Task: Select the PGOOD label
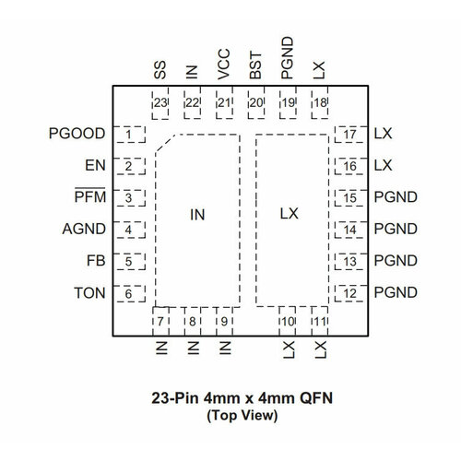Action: (x=77, y=135)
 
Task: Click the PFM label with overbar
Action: (x=90, y=197)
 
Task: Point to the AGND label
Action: (x=84, y=230)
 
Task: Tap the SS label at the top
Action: (x=160, y=72)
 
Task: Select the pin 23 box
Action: (x=160, y=102)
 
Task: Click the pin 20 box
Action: (x=256, y=102)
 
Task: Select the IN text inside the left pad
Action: (x=196, y=214)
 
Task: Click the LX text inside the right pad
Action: (x=290, y=213)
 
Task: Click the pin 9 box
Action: (x=224, y=321)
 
